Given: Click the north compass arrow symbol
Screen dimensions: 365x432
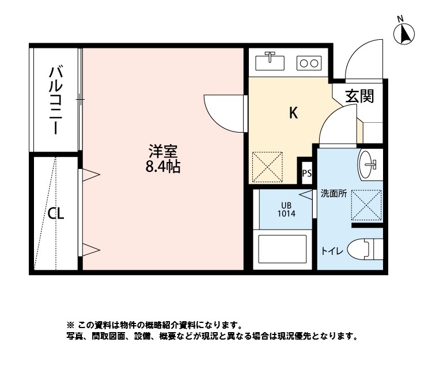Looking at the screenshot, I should [404, 35].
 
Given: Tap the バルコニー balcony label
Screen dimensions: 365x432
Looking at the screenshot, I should [56, 100].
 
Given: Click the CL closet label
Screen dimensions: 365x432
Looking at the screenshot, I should [55, 214].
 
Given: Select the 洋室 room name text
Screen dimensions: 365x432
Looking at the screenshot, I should [163, 153].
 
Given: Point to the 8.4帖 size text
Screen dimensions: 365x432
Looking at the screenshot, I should [163, 168].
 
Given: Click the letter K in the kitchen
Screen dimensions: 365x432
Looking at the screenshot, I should [293, 114].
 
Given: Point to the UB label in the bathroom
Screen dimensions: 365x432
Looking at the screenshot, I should [286, 205].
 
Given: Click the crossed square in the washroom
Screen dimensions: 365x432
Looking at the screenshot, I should [366, 204].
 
